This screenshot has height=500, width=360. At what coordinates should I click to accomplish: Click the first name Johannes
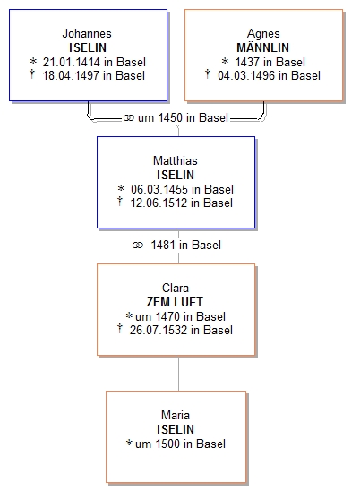point(87,33)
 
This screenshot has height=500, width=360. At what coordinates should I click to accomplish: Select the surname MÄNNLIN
point(262,47)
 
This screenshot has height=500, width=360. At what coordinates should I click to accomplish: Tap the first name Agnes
point(263,34)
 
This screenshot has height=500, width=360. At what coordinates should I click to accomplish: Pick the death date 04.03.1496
point(246,75)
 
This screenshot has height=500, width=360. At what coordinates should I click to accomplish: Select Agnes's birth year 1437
point(247,62)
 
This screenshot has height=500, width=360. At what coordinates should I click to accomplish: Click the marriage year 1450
point(170,117)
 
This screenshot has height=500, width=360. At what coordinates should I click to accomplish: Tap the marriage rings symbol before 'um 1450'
point(128,118)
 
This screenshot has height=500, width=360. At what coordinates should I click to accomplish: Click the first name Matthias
point(176,160)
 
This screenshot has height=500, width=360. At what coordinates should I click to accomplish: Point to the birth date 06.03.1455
point(159,189)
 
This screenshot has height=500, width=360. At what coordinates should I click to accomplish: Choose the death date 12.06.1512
point(159,203)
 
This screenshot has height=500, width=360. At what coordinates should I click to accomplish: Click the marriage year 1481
point(163,245)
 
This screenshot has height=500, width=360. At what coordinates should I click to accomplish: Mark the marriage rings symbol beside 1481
point(138,246)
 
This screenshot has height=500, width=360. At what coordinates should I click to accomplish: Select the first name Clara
point(176,288)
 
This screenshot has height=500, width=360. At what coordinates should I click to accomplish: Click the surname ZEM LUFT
point(175,302)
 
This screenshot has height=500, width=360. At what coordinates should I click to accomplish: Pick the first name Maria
point(176,415)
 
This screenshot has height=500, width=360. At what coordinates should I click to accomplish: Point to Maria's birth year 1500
point(167,444)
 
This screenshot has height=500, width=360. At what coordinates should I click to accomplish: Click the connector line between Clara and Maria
point(176,373)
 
